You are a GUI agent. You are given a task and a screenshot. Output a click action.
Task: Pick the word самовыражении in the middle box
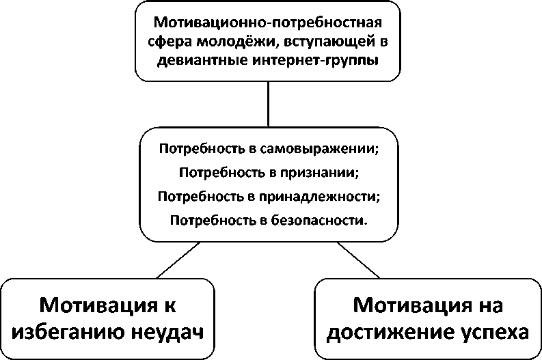click(325, 148)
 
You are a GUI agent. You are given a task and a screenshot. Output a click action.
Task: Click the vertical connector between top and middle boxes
click(268, 105)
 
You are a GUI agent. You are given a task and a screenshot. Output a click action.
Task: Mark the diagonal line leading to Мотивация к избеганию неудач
click(180, 260)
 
